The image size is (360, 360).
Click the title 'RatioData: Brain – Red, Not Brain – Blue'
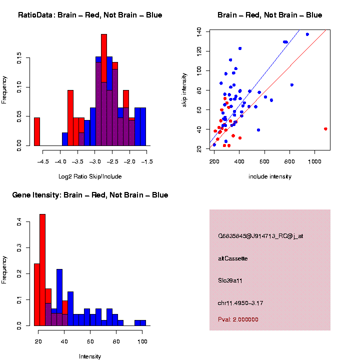pyautogui.click(x=90, y=15)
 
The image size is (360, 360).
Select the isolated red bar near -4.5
pyautogui.click(x=37, y=132)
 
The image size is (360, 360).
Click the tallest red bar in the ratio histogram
pyautogui.click(x=104, y=90)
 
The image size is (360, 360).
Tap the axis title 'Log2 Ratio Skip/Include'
pyautogui.click(x=89, y=176)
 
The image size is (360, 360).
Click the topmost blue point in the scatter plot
pyautogui.click(x=307, y=34)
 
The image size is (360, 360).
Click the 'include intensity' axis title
pyautogui.click(x=270, y=176)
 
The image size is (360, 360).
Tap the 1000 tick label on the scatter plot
pyautogui.click(x=315, y=162)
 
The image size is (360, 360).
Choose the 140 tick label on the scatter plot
pyautogui.click(x=199, y=31)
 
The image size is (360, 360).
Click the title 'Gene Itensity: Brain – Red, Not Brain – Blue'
pyautogui.click(x=90, y=195)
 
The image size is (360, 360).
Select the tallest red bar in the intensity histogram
pyautogui.click(x=42, y=270)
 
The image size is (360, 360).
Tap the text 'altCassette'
pyautogui.click(x=233, y=258)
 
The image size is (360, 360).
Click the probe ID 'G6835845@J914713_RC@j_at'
pyautogui.click(x=260, y=236)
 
